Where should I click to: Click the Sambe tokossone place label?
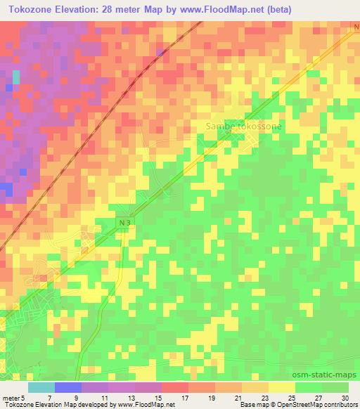tap(243, 126)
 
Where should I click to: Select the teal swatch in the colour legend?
tap(41, 387)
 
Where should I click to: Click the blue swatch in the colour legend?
tap(68, 387)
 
